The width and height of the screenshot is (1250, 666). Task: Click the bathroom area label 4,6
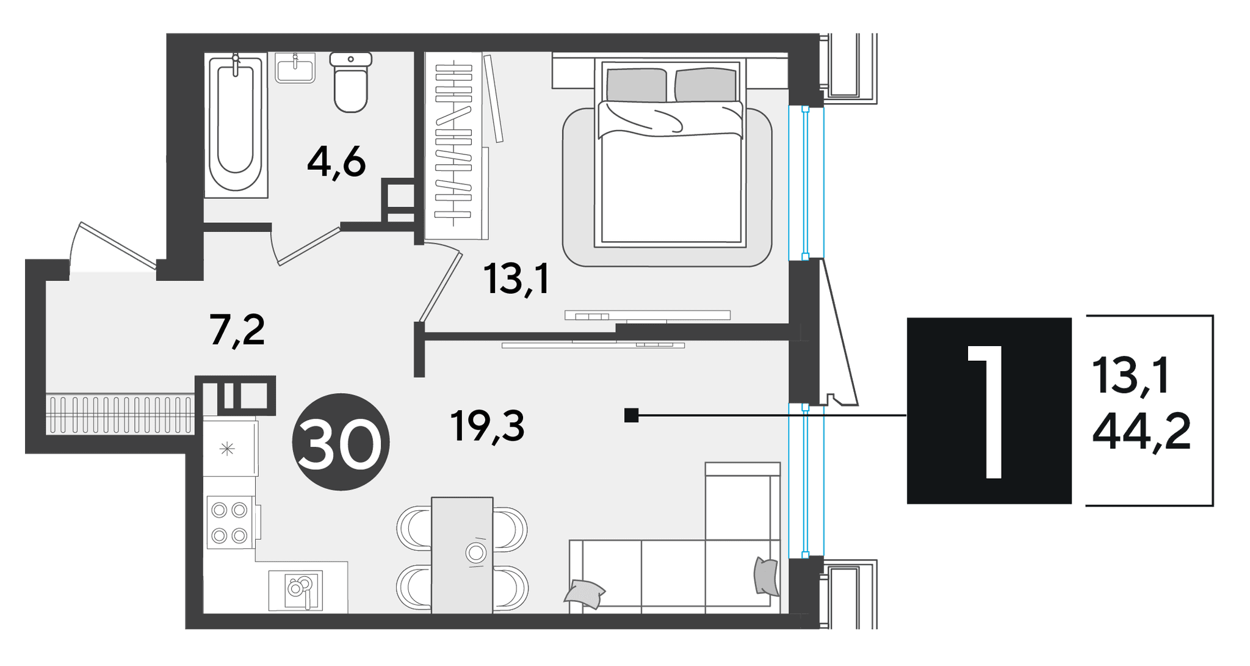click(336, 163)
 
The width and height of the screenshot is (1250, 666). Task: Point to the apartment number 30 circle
click(341, 442)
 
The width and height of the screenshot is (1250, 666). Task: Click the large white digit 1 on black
click(986, 411)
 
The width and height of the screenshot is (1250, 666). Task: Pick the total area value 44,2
click(1141, 430)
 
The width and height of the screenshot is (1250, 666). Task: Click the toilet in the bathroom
click(351, 82)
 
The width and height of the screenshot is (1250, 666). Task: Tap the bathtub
click(236, 125)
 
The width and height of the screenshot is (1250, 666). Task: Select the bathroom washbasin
click(295, 67)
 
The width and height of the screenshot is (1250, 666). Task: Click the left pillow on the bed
click(637, 85)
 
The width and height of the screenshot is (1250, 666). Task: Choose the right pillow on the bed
click(705, 85)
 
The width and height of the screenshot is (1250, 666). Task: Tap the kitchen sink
click(296, 590)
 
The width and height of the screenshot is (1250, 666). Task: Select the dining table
click(462, 555)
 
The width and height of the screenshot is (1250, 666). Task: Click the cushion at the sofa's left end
click(584, 594)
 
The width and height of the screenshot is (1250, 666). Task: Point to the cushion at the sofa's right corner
click(767, 576)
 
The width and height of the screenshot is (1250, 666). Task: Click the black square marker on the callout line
click(631, 416)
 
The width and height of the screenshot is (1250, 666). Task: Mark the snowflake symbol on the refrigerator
click(227, 450)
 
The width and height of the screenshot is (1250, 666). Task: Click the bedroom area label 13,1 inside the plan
click(516, 279)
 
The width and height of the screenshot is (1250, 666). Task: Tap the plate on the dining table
click(475, 553)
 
